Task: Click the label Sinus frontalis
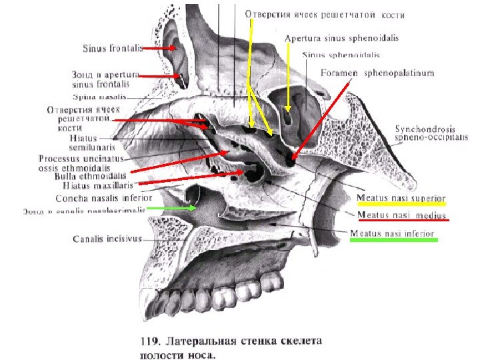112,49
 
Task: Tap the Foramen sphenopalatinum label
377,73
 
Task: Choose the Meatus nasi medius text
403,215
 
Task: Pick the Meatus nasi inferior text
392,233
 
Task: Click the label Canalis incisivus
106,237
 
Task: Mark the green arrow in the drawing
172,208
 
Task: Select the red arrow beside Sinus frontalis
159,49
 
